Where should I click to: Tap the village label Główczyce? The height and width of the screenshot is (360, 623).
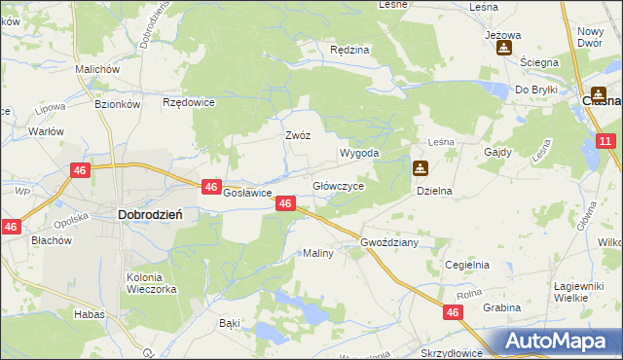coord(338,186)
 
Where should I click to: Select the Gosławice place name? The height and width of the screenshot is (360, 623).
coord(247,193)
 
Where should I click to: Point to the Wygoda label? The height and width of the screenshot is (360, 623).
coord(358,154)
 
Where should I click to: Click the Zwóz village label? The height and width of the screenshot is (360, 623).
coord(297,135)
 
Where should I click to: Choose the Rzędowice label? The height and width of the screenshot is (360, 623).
coord(189,101)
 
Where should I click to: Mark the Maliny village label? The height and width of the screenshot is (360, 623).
coord(318,253)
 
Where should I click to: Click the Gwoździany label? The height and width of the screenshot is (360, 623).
coord(388,242)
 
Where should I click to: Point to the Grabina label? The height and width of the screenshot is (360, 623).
coord(500,307)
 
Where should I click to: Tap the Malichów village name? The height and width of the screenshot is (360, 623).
coord(97,70)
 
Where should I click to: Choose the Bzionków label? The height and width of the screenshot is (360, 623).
coord(119,104)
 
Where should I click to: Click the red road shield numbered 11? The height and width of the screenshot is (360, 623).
coord(605,141)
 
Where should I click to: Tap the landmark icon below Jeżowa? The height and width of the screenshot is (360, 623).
coord(503,48)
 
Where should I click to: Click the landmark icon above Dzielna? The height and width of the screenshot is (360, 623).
coord(420,168)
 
